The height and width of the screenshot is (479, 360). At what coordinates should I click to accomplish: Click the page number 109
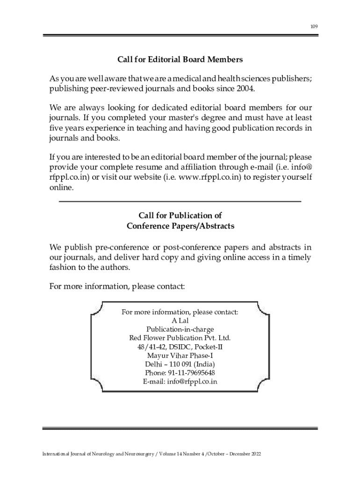pos(314,27)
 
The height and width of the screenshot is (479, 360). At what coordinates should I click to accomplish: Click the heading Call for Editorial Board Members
pos(180,60)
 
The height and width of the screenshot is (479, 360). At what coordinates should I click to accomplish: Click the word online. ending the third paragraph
pos(61,188)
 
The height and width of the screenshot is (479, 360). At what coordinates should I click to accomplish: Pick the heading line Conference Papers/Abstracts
pos(180,226)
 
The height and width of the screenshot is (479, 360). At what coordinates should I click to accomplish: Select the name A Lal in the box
pos(180,320)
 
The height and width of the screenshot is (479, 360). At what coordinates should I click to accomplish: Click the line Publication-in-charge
pos(180,329)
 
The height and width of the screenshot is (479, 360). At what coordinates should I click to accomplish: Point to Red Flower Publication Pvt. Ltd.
pos(180,338)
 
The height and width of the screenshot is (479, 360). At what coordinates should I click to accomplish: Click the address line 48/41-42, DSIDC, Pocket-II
pos(180,347)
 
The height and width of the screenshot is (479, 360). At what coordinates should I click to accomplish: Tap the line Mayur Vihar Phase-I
pos(180,356)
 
